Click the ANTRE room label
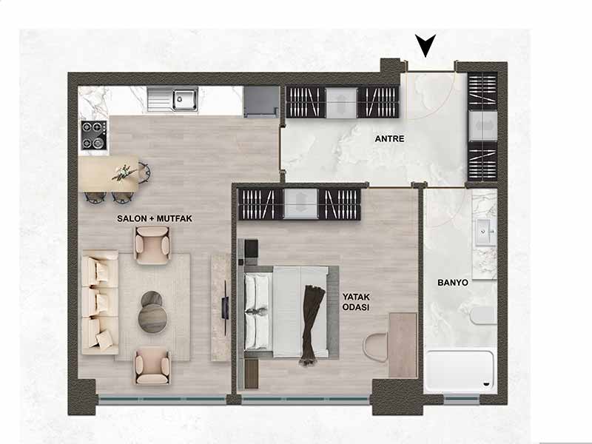pyautogui.click(x=389, y=138)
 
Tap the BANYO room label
pyautogui.click(x=453, y=283)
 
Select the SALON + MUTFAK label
pyautogui.click(x=155, y=218)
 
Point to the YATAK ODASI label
pyautogui.click(x=356, y=302)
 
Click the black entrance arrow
pyautogui.click(x=425, y=44)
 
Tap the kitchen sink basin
pyautogui.click(x=185, y=99)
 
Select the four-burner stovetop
pyautogui.click(x=94, y=135)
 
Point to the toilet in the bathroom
pyautogui.click(x=483, y=315)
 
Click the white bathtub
pyautogui.click(x=460, y=371)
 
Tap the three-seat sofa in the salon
pyautogui.click(x=100, y=302)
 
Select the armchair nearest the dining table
pyautogui.click(x=152, y=245)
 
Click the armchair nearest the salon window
pyautogui.click(x=152, y=366)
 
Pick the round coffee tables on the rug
pyautogui.click(x=152, y=312)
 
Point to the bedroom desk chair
pyautogui.click(x=376, y=346)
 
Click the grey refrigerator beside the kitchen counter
pyautogui.click(x=261, y=101)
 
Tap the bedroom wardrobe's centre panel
pyautogui.click(x=300, y=203)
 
